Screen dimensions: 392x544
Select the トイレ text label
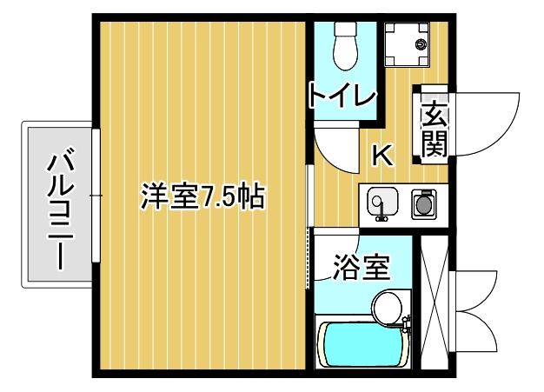pyautogui.click(x=342, y=95)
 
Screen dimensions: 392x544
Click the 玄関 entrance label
pyautogui.click(x=435, y=128)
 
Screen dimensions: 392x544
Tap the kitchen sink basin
pyautogui.click(x=381, y=203)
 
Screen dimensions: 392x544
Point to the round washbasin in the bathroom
pyautogui.click(x=387, y=307)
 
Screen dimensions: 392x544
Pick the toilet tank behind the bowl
pyautogui.click(x=346, y=28)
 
